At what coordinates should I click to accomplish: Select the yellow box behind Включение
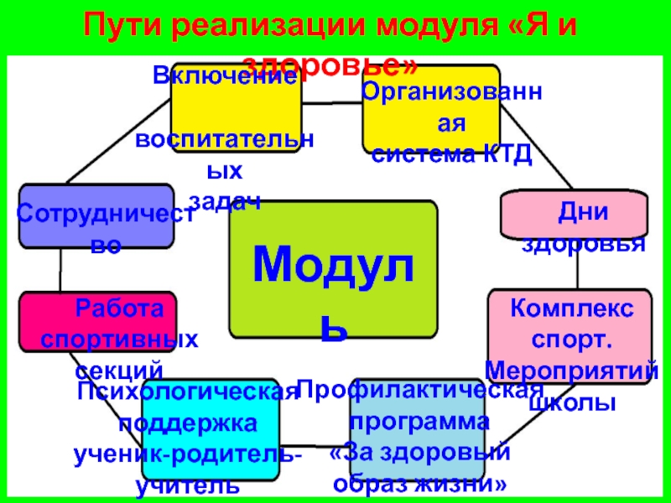[236, 109]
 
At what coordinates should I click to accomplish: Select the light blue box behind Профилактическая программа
[419, 428]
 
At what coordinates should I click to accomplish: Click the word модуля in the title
[424, 26]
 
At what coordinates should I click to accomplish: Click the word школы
[572, 402]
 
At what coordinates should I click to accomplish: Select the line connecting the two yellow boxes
[332, 105]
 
